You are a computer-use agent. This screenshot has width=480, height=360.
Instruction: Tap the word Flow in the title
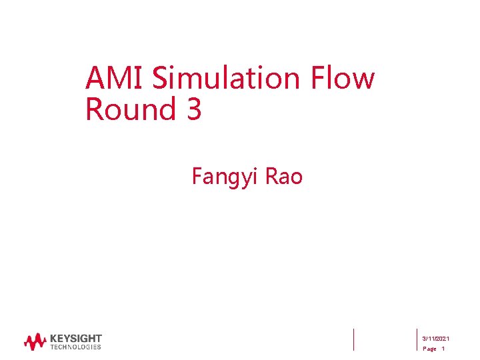[x=343, y=79]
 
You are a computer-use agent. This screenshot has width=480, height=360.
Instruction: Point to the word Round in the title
[x=126, y=109]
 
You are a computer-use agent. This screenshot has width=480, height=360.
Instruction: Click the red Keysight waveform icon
[x=35, y=342]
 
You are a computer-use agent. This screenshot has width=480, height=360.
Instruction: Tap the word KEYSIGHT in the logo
[x=75, y=339]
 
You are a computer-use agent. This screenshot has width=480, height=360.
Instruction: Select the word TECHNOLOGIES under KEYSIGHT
[x=75, y=347]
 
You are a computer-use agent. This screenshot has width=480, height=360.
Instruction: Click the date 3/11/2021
[x=436, y=339]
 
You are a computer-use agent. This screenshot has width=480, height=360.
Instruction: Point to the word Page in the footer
[x=429, y=349]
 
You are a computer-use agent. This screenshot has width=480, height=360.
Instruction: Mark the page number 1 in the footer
[x=443, y=349]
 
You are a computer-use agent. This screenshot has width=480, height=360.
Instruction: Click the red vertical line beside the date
[x=416, y=339]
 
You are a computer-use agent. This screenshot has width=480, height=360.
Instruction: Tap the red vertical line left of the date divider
[x=353, y=339]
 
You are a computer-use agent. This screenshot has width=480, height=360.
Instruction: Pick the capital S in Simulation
[x=160, y=79]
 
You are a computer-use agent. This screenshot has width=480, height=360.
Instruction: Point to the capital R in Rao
[x=271, y=176]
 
